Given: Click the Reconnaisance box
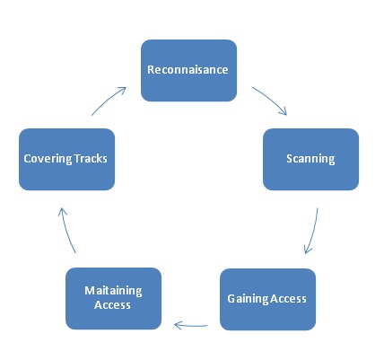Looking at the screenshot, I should click(188, 69).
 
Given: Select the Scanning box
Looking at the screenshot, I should click(310, 159).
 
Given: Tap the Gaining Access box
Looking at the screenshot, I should click(267, 298).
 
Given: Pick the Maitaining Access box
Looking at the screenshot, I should click(113, 298).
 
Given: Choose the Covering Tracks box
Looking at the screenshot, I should click(66, 159).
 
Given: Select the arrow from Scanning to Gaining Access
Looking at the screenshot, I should click(312, 232).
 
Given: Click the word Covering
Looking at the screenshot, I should click(47, 159).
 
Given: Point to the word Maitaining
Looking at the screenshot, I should click(113, 291).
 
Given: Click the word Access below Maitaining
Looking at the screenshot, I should click(113, 305).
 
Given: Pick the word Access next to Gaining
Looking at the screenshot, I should click(289, 298).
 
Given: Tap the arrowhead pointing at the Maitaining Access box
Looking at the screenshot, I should click(178, 325).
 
